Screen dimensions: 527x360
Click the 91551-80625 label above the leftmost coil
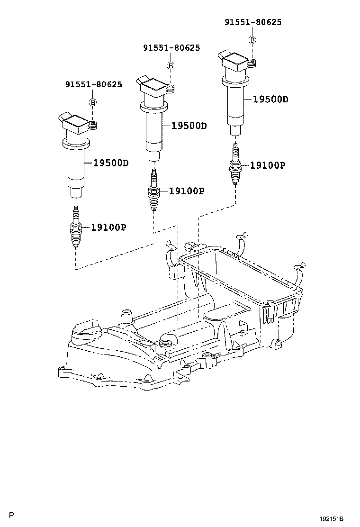coord(93,85)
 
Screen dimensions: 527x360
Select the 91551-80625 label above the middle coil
coord(171,48)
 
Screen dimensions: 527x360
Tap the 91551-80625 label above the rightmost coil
coord(252,22)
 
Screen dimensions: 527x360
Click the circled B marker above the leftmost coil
coord(93,102)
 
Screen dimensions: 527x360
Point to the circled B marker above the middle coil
coord(171,65)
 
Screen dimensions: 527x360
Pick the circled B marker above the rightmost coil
coord(252,40)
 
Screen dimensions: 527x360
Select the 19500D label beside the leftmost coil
coord(111,163)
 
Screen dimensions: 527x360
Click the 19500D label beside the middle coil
coord(189,126)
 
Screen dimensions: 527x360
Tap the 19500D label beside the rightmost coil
coord(270,99)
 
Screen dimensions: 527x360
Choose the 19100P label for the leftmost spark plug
coord(108,227)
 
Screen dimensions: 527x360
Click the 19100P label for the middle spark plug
coord(186,191)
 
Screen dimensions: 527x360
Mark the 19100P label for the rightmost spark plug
coord(267,165)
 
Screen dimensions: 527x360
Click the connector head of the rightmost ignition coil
coord(235,61)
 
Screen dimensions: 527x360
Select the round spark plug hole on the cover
coord(165,343)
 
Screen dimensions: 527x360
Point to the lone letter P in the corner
coord(12,515)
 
